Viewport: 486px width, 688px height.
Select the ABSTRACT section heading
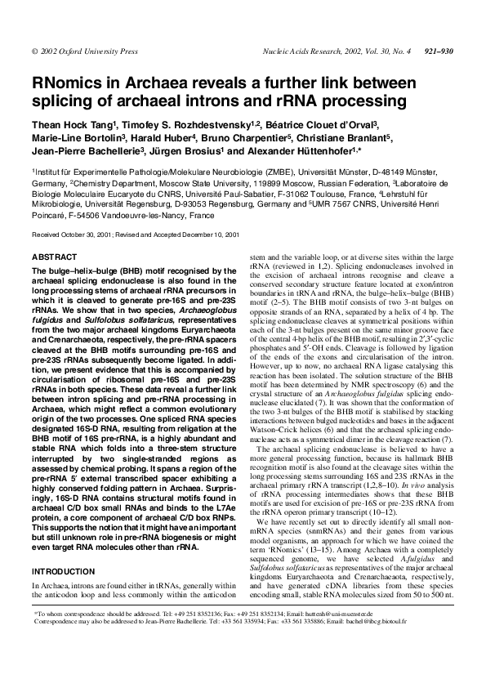(54, 257)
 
